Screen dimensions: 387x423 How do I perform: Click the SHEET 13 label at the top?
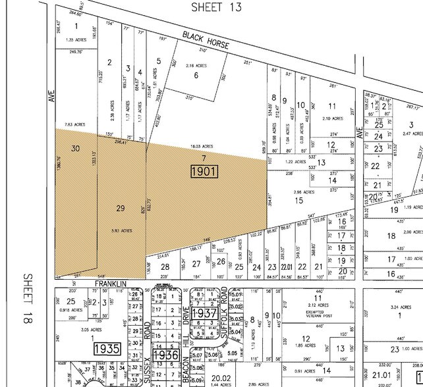click(x=217, y=7)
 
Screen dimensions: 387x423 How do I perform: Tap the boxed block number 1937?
click(x=204, y=313)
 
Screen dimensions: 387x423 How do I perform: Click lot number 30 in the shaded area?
click(x=75, y=149)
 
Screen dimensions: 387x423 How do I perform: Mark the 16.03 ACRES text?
click(x=202, y=146)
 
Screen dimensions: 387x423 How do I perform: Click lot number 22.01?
click(x=285, y=267)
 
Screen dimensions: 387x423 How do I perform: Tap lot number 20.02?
click(x=217, y=377)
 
